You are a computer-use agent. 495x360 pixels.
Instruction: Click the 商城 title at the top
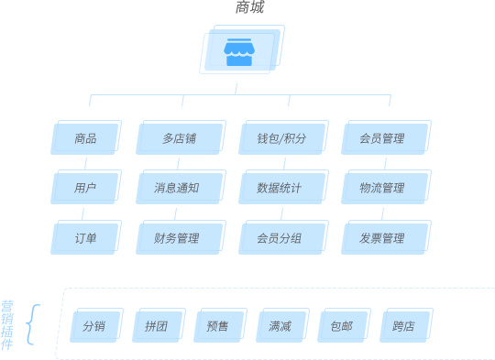(x=249, y=7)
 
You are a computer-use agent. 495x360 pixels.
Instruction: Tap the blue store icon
(x=239, y=52)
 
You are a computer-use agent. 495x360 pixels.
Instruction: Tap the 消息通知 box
(x=180, y=189)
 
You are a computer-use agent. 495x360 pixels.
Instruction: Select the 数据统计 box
(x=282, y=189)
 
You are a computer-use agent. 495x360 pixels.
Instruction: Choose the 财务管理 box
(x=180, y=238)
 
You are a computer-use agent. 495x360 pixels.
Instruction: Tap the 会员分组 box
(x=282, y=238)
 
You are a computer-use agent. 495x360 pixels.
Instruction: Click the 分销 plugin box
(x=95, y=326)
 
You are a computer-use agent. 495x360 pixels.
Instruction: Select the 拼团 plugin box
(x=158, y=326)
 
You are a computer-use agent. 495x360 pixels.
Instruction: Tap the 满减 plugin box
(x=281, y=326)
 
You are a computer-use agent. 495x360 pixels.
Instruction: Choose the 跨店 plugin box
(x=405, y=326)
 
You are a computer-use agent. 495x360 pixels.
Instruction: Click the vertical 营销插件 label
(x=7, y=325)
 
